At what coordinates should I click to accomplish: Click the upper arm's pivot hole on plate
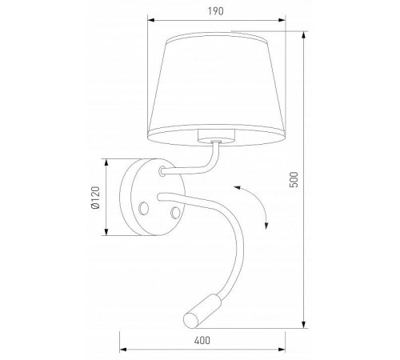[x=163, y=170]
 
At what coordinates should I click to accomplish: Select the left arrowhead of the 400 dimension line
[x=122, y=351]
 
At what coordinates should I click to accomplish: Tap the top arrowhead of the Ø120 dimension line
[x=106, y=159]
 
